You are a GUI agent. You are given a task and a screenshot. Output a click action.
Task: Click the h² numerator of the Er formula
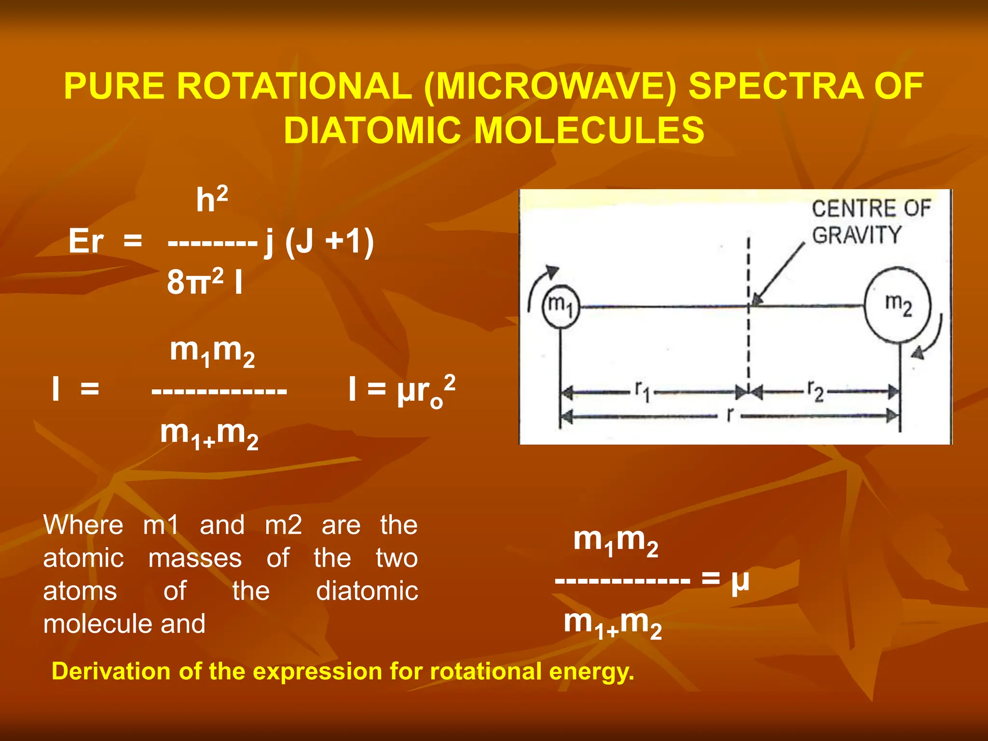(211, 200)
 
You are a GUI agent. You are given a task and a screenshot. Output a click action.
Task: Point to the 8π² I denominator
(205, 282)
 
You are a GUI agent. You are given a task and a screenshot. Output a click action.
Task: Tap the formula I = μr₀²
(401, 390)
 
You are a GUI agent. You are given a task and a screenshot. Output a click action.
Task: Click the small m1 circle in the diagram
(560, 307)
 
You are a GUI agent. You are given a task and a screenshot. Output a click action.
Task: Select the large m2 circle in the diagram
(898, 305)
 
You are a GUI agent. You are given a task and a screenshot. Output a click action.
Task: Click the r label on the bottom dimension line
(730, 415)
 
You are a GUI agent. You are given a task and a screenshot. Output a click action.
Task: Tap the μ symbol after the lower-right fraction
(740, 580)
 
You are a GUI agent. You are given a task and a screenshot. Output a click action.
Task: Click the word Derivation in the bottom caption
(110, 671)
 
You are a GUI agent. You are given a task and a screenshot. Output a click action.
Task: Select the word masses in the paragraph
(195, 559)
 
